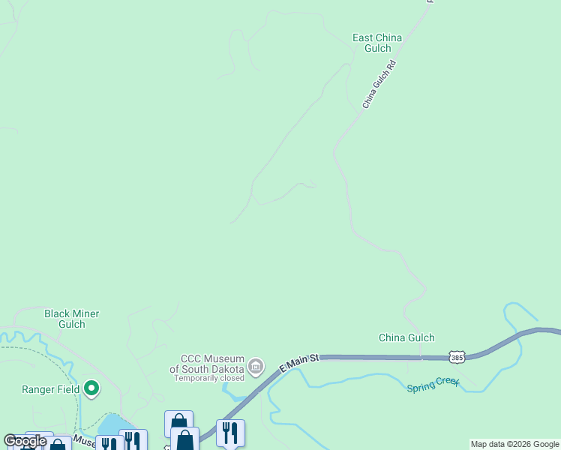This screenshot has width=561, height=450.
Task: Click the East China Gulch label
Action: point(377,43)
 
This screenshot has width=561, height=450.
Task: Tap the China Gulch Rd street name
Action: point(379,85)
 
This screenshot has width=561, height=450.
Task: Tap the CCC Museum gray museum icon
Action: point(256,367)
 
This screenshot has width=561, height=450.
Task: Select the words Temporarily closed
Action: point(209,378)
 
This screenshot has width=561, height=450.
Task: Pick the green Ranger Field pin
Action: point(91,388)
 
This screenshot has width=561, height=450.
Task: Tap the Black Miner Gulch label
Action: point(72,319)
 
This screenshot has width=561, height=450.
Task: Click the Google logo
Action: point(25,441)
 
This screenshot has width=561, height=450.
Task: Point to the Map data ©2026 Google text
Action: point(514,444)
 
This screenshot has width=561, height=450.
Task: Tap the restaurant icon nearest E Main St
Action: point(230,432)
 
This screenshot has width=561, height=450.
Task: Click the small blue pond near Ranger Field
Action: point(108,426)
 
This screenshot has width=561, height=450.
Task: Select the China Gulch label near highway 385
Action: point(406,337)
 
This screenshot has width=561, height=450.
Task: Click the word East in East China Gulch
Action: point(365,37)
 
